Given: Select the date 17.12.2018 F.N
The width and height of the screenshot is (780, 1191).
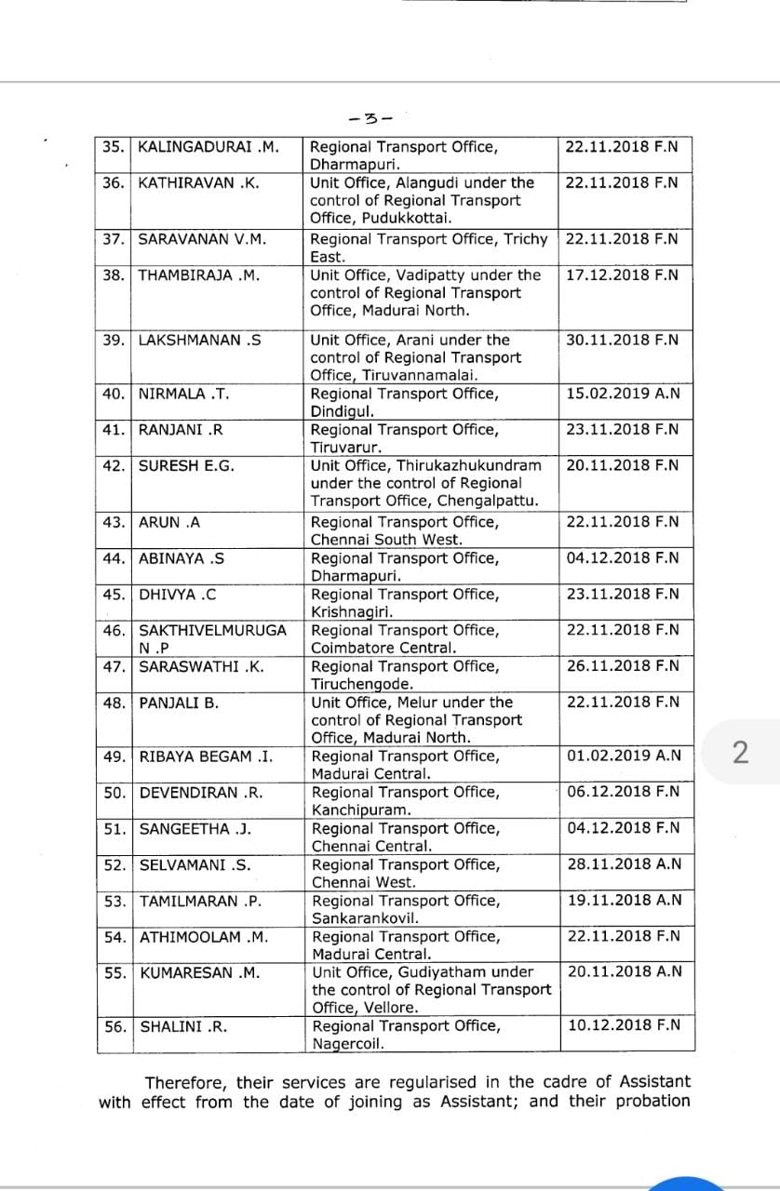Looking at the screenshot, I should click(x=622, y=275).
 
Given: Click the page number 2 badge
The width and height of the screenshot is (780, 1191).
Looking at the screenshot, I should click(x=741, y=753).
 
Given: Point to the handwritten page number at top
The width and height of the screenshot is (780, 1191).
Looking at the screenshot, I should click(x=370, y=119).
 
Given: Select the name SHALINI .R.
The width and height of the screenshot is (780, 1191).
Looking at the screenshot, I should click(x=184, y=1027).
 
